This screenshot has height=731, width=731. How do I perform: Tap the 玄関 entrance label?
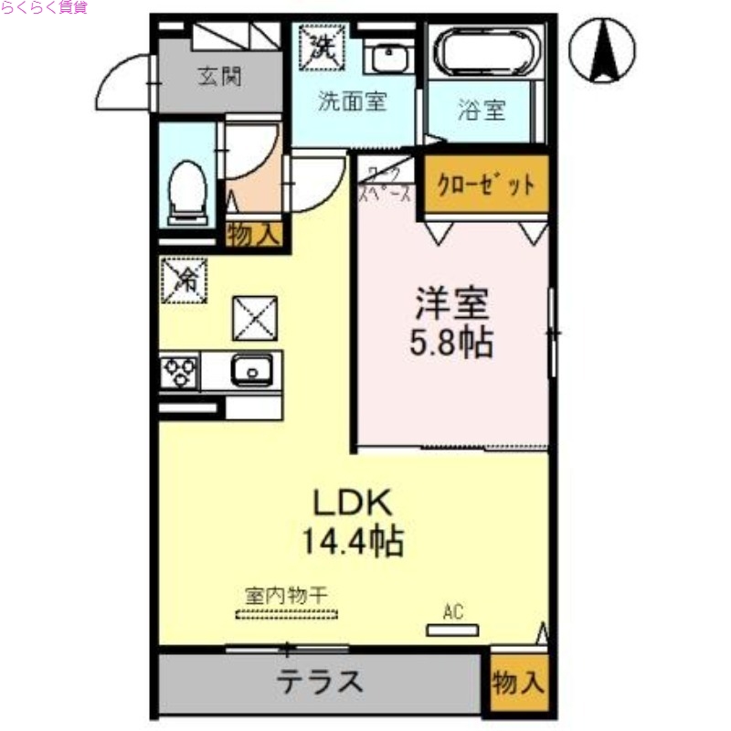pos(220,77)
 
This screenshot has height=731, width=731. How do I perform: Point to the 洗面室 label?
pos(352,101)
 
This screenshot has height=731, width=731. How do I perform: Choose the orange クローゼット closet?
pos(485,185)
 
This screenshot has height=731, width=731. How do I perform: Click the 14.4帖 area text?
pos(353,542)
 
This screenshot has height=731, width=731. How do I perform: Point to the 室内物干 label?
pos(285,595)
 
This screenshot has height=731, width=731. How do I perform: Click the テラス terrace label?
pos(320,681)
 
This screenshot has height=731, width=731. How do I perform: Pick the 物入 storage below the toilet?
pos(253,235)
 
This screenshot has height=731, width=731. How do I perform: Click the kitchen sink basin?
pos(250,371)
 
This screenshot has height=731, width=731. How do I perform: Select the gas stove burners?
pos(180,371)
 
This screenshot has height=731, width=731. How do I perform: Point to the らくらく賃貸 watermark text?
pos(44,8)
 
